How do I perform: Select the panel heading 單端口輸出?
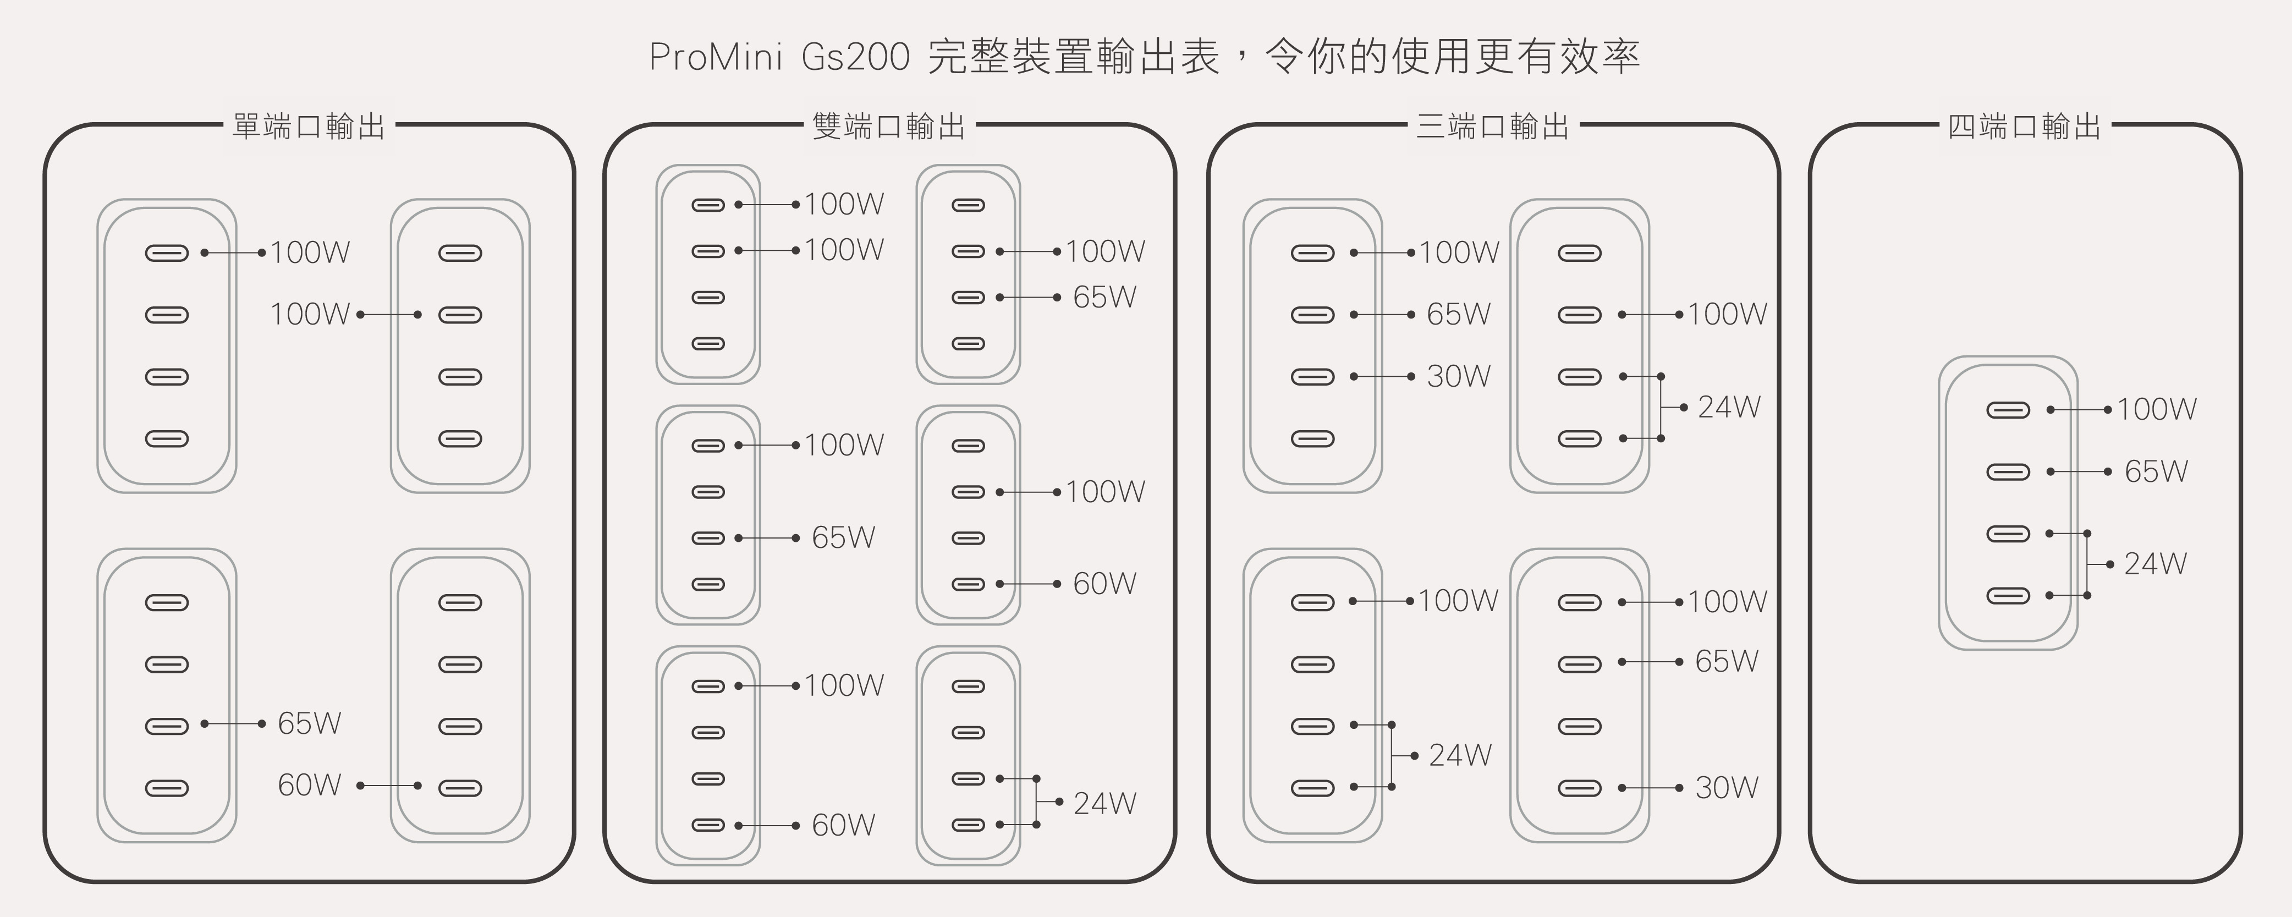coord(309,127)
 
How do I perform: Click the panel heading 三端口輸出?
coord(1492,127)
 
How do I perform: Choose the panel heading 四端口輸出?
coord(2024,127)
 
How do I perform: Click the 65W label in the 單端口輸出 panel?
coord(309,723)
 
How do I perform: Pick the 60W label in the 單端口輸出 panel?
coord(309,784)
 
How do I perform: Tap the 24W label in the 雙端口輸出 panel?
coord(1104,803)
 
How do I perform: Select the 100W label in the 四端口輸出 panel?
coord(2156,409)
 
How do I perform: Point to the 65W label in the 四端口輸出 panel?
coord(2156,471)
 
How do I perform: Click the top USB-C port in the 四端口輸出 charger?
coord(2008,410)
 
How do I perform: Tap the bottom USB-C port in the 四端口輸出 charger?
coord(2008,596)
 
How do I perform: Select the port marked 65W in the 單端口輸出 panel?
coord(167,726)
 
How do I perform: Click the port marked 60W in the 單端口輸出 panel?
coord(460,788)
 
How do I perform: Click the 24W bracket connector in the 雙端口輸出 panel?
coord(1037,801)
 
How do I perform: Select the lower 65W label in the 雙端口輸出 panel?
coord(843,537)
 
